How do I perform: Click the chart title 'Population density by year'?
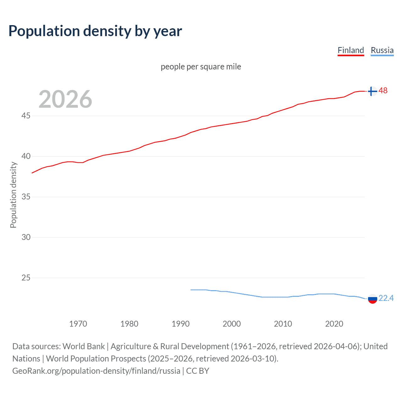[95, 31]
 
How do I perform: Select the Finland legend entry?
[350, 50]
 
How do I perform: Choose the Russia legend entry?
[382, 50]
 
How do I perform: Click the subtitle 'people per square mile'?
[201, 67]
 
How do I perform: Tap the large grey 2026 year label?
[65, 99]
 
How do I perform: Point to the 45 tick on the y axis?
[26, 116]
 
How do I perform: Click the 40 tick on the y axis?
[26, 156]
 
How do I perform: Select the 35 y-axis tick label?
[26, 197]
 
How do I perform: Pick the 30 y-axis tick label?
[26, 237]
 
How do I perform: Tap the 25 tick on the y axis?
[26, 278]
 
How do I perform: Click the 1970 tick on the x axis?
[78, 324]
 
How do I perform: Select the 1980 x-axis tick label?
[129, 324]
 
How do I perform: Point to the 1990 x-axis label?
[180, 324]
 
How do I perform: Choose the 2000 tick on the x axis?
[231, 324]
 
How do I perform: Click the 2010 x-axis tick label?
[283, 324]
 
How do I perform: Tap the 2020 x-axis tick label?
[334, 324]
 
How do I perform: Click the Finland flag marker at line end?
[372, 91]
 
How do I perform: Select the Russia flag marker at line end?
[372, 299]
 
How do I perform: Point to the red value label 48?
[383, 91]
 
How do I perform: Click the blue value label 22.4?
[386, 298]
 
